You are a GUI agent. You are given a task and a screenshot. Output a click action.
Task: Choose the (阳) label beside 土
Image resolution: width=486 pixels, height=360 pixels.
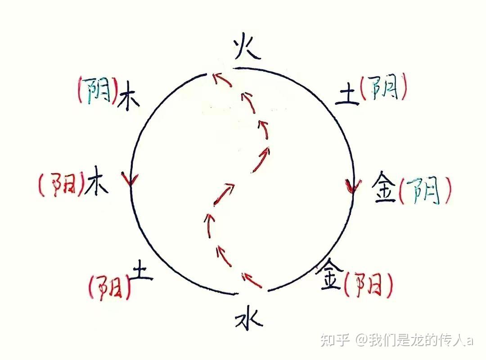110,288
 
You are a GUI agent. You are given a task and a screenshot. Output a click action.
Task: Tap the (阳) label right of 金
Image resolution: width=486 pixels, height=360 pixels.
368,285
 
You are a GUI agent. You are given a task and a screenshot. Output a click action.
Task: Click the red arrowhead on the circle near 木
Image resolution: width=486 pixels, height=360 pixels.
130,180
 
